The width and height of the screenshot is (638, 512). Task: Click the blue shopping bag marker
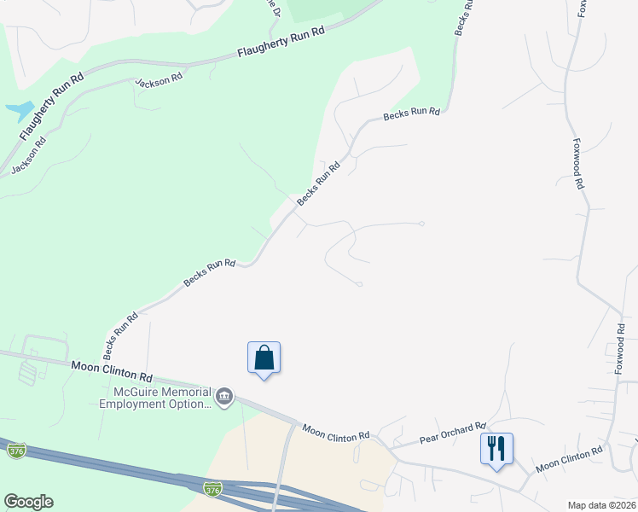click(x=264, y=358)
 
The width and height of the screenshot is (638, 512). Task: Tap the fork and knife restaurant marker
click(x=496, y=448)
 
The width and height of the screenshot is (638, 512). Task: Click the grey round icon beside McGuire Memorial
click(x=225, y=395)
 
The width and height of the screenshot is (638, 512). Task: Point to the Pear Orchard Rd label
click(x=452, y=433)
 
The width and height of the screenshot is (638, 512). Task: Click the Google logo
click(x=28, y=502)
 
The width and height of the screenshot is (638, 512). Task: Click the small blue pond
click(x=17, y=110)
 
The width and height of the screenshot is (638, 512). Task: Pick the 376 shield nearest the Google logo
click(x=14, y=450)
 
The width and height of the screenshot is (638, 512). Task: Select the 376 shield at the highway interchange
click(x=213, y=489)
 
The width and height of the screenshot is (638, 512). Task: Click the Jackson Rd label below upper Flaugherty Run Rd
click(x=159, y=79)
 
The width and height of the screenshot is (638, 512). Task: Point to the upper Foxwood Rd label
click(x=578, y=164)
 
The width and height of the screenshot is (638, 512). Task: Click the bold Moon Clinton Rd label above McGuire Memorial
click(x=112, y=371)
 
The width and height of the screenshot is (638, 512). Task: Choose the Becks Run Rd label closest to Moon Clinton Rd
click(x=121, y=336)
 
